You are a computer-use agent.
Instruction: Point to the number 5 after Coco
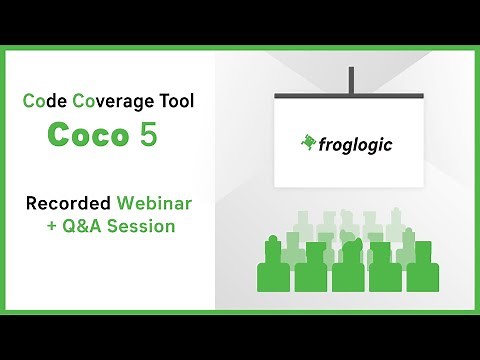coord(148,136)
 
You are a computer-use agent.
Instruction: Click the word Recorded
coord(70,203)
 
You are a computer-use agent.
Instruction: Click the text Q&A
coord(82,226)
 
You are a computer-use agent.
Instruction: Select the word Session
coord(141,226)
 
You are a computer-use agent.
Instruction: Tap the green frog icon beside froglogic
coord(309,143)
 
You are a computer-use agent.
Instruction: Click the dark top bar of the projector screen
coord(350,95)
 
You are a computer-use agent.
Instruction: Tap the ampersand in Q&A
coord(82,226)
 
